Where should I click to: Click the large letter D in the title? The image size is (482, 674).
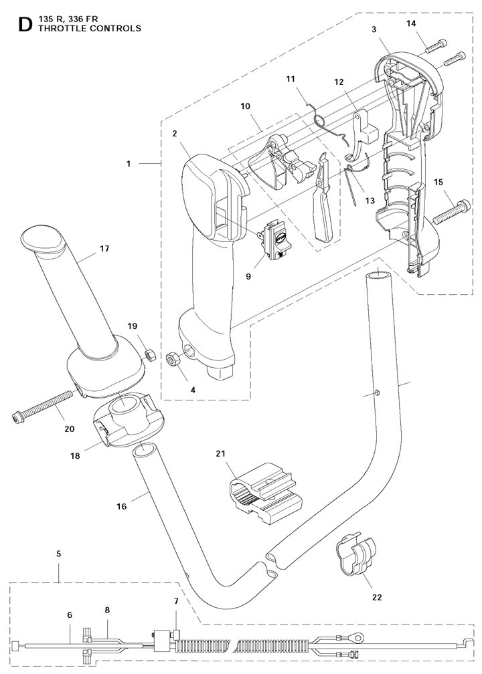[25, 25]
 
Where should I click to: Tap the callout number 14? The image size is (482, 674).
[412, 23]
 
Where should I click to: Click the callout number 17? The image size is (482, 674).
[104, 249]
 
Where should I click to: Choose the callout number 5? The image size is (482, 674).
[58, 554]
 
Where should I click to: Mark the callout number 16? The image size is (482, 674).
[122, 506]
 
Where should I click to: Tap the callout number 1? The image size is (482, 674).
[129, 164]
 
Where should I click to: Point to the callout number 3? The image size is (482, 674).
[374, 29]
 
